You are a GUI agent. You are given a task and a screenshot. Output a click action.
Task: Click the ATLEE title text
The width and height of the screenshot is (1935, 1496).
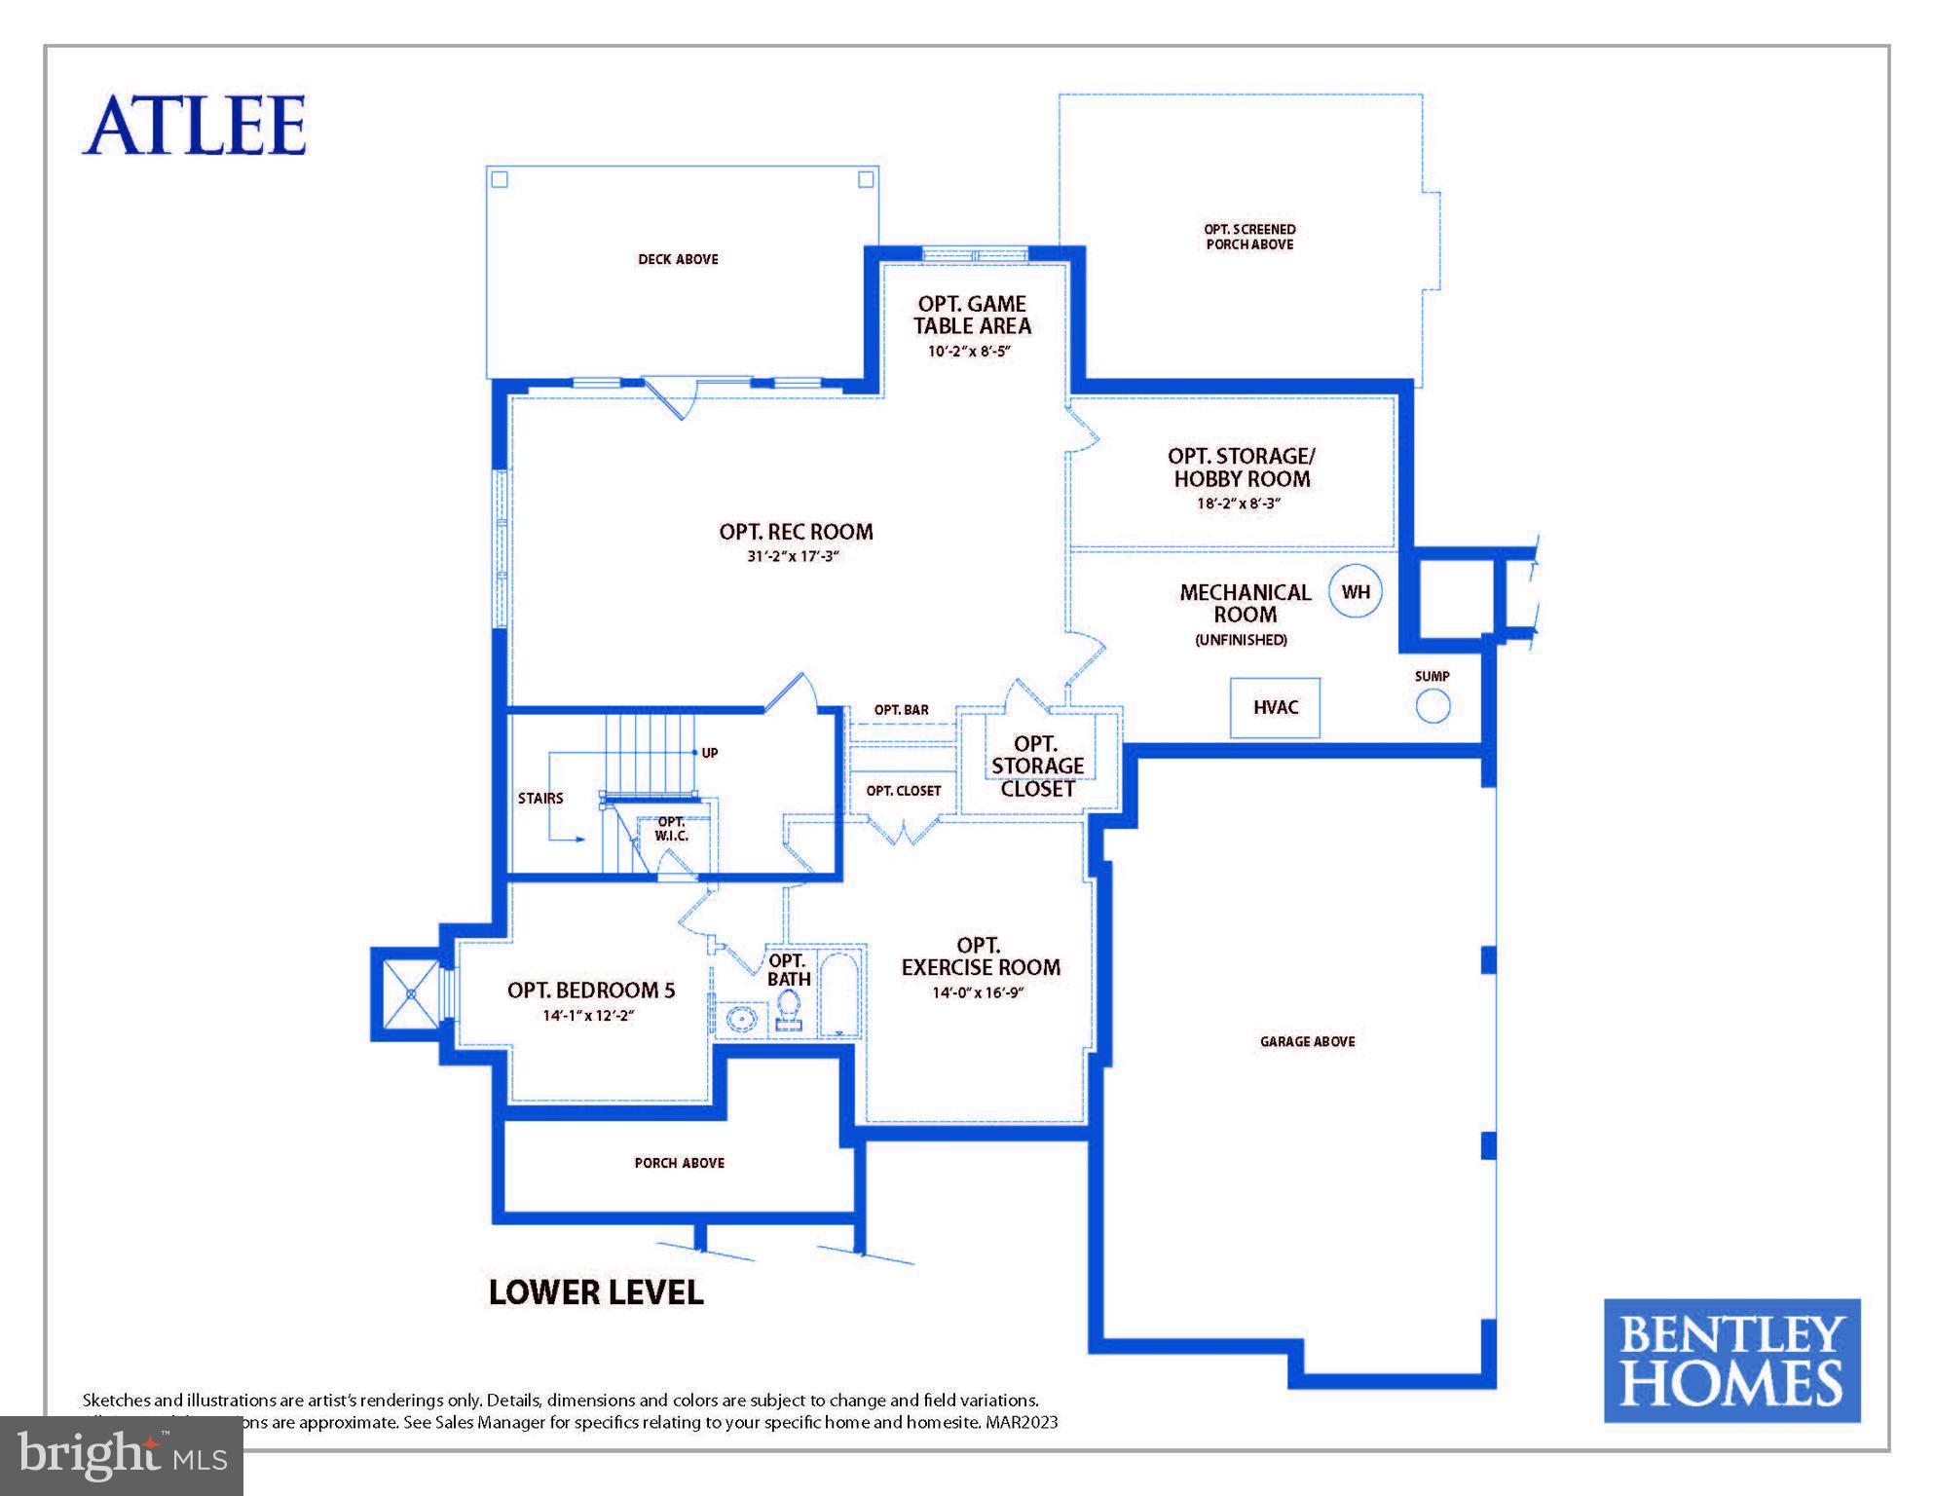coord(194,126)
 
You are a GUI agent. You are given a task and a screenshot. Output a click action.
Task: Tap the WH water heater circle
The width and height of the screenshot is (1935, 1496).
coord(1356,591)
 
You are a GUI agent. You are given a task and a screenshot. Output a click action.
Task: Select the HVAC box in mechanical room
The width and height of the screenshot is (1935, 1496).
coord(1275,708)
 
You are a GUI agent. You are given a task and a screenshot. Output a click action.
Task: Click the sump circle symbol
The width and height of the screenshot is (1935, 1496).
coord(1433,706)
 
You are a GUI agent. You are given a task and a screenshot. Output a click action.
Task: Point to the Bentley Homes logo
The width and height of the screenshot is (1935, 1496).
coord(1731,1361)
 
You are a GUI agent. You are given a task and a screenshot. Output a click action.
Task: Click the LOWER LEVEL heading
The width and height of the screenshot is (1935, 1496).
coord(595,1292)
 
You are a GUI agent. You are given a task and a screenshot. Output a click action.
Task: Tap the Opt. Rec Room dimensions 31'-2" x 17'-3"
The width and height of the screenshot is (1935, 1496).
coord(793,557)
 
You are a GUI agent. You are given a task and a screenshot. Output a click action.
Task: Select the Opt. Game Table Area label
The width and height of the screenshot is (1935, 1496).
coord(972,315)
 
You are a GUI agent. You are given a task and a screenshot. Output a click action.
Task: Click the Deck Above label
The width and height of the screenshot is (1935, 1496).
coord(678,259)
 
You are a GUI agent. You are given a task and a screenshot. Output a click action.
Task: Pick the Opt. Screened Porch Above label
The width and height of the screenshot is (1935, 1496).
coord(1249,237)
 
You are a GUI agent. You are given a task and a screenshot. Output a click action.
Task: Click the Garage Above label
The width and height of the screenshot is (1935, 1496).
coord(1307,1041)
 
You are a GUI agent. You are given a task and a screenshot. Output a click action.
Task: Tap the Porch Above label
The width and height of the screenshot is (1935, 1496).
coord(679,1163)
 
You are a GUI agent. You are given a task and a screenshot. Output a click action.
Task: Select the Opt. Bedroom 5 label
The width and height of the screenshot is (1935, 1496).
coord(590,991)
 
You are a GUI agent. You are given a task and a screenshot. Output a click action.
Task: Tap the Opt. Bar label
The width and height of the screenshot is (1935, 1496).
coord(901,710)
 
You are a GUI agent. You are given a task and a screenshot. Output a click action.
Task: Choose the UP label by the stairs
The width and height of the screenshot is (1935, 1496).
coord(710,753)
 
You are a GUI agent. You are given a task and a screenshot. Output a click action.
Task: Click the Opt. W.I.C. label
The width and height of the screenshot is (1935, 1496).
coord(671,829)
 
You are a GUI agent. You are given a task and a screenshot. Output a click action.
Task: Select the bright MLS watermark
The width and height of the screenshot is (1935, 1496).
coord(122,1456)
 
